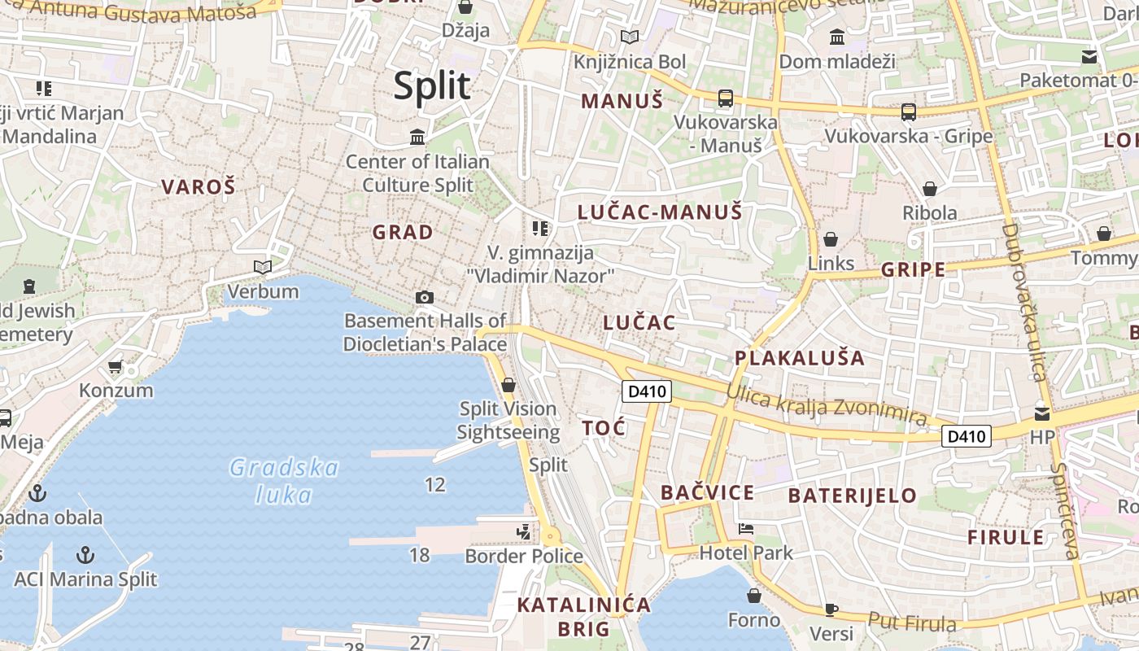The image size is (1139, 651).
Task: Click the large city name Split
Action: (432, 86)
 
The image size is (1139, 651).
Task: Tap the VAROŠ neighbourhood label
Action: (198, 187)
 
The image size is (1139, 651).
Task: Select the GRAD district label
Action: (403, 233)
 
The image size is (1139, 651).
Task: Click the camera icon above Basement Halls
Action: (424, 298)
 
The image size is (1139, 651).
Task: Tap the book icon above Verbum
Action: (262, 267)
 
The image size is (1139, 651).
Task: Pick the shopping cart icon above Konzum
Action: (115, 367)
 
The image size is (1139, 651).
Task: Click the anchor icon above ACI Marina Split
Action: (85, 555)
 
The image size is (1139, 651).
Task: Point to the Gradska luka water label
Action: (284, 480)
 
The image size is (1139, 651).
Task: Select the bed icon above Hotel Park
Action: (745, 529)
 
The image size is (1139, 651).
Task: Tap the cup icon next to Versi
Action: (831, 609)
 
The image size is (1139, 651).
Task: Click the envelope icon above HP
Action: (1042, 413)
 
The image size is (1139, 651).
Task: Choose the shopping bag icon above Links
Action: (831, 239)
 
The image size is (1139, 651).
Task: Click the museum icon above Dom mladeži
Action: (836, 37)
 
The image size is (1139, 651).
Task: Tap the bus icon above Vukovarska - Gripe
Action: (908, 112)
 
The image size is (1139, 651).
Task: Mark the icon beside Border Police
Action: (524, 532)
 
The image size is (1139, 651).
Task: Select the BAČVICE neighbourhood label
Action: (707, 492)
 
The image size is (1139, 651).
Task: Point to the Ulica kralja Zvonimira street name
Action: (826, 405)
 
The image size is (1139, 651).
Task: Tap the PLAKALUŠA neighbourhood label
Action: (799, 358)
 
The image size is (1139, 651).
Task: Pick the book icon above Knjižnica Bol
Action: (629, 37)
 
